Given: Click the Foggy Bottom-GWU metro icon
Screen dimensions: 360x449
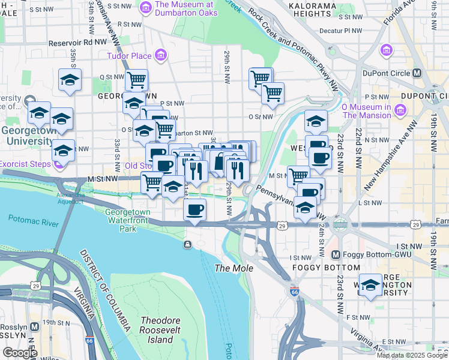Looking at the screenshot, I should [336, 255].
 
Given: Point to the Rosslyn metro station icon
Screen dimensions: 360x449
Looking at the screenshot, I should [35, 327].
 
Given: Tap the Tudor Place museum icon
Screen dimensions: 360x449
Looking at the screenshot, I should [160, 56].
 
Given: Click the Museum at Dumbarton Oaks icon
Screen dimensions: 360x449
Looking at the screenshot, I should [145, 7].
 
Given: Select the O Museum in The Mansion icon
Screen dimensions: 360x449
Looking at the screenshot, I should [401, 110].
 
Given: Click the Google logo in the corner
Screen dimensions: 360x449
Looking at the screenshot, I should [20, 353].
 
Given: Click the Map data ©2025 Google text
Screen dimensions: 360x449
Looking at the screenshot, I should [412, 355].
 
